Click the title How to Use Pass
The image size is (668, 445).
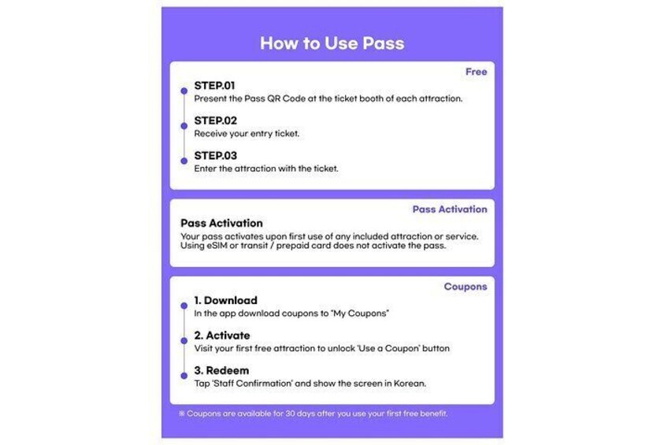(x=332, y=43)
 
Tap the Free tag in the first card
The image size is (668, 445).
(x=476, y=72)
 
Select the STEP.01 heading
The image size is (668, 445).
(x=214, y=86)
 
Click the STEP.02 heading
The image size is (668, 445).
(x=215, y=121)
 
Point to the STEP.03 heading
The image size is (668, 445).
(x=215, y=155)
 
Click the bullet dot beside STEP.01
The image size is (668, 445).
(x=184, y=91)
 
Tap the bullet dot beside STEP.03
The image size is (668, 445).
(x=184, y=161)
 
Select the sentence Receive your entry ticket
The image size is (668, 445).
(x=247, y=134)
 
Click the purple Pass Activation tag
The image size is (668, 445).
(x=450, y=209)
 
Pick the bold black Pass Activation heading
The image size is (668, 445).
(x=221, y=223)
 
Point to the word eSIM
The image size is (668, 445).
(x=217, y=246)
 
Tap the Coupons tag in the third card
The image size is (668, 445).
(x=466, y=287)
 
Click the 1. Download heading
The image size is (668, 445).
(x=225, y=300)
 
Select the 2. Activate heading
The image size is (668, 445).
(x=222, y=336)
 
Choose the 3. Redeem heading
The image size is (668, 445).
(x=221, y=370)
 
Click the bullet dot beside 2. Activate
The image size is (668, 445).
(x=184, y=341)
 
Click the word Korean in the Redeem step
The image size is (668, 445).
(x=410, y=384)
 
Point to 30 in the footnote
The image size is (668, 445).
(x=290, y=413)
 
